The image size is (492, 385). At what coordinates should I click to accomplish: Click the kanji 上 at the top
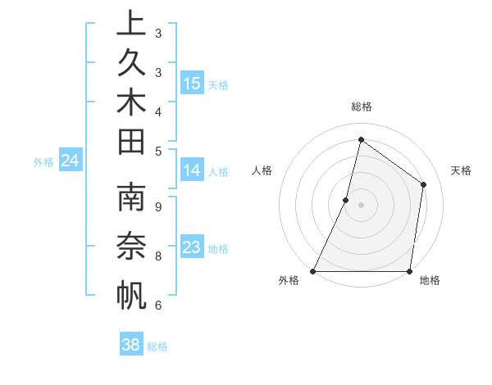[x=131, y=24]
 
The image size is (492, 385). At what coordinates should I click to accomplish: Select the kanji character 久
[x=131, y=62]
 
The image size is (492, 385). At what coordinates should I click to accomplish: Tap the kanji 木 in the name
[x=131, y=102]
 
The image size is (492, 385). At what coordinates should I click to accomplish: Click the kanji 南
[x=131, y=199]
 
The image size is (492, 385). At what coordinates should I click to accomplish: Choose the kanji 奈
[x=131, y=247]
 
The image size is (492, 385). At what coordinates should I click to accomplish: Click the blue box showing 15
[x=192, y=83]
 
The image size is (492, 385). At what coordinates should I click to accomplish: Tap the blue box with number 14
[x=192, y=170]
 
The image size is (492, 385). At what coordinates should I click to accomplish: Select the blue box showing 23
[x=192, y=247]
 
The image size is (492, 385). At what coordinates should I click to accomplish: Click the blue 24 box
[x=70, y=161]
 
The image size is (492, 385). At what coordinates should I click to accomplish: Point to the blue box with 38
[x=131, y=345]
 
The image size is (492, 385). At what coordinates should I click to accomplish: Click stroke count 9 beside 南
[x=158, y=206]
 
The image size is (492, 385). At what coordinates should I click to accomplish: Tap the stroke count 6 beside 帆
[x=158, y=306]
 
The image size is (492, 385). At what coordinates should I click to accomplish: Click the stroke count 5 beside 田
[x=158, y=150]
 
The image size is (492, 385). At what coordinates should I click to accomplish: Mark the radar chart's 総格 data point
[x=361, y=139]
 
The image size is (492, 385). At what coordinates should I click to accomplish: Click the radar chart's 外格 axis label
[x=289, y=280]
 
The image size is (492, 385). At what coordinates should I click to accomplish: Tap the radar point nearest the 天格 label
[x=424, y=184]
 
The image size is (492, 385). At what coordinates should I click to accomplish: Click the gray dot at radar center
[x=361, y=205]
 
